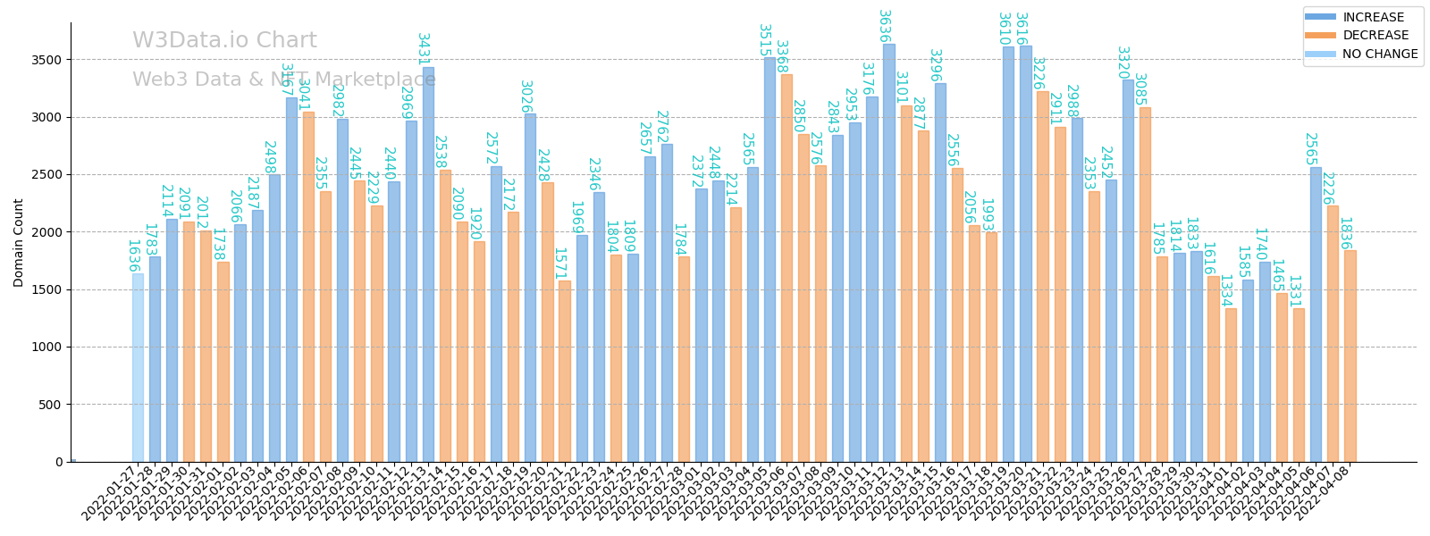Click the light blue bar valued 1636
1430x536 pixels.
(138, 367)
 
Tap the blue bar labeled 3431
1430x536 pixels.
(428, 264)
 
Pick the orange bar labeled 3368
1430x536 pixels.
(786, 268)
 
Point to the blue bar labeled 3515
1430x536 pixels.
(770, 259)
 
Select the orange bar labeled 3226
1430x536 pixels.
(1042, 276)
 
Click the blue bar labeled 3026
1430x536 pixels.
(530, 288)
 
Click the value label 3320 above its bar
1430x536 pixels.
(1123, 63)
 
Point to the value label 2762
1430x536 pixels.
(661, 127)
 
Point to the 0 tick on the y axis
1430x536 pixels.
(60, 462)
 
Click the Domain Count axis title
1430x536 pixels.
(19, 242)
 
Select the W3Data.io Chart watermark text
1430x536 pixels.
(224, 41)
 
